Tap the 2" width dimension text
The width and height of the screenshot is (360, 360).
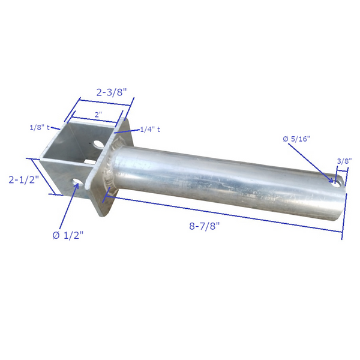(x=98, y=113)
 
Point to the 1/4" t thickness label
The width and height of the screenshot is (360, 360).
(x=150, y=129)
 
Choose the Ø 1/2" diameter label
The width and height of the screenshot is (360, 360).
(x=68, y=235)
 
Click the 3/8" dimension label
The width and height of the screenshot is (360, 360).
(x=344, y=161)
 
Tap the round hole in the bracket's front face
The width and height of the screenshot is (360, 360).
(x=76, y=181)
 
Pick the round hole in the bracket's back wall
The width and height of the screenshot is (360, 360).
(x=98, y=144)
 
